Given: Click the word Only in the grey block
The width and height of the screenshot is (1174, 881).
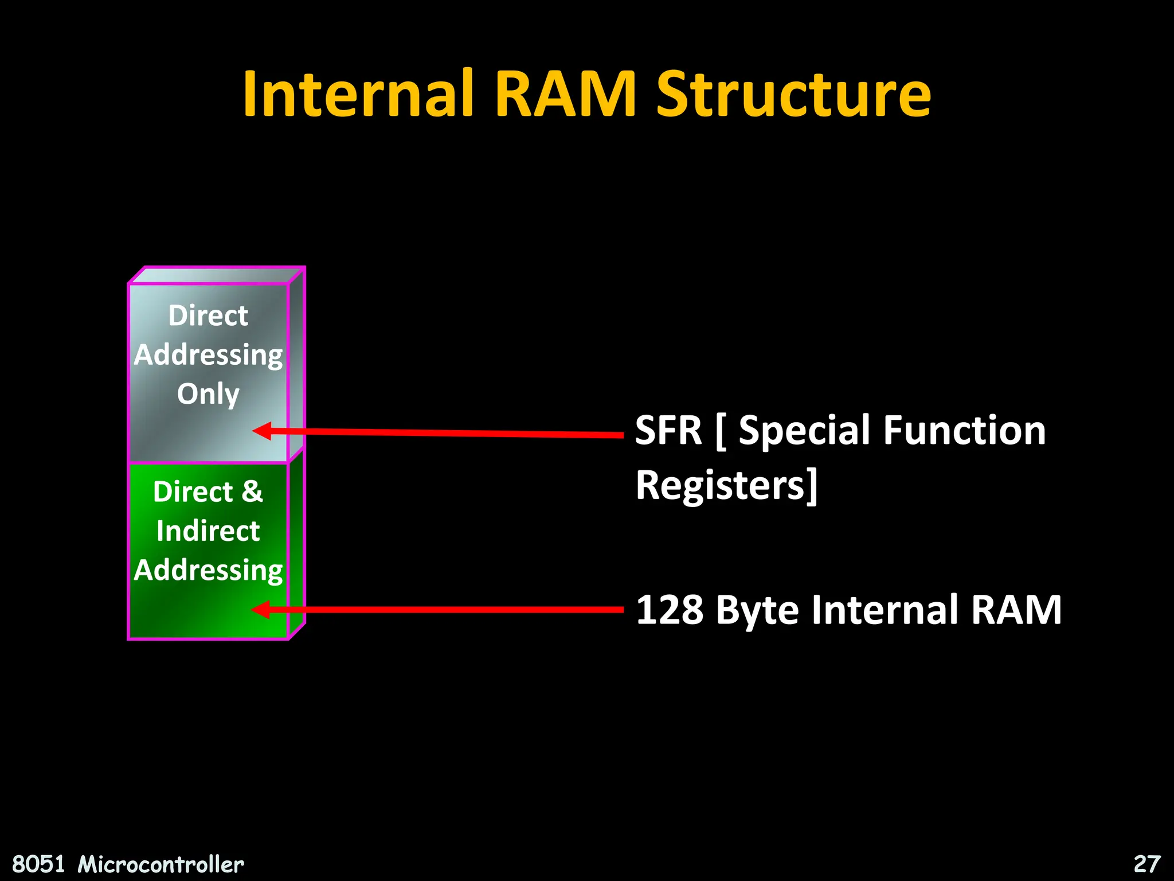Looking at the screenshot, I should coord(208,394).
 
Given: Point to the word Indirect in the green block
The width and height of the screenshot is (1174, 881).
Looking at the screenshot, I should coord(208,531).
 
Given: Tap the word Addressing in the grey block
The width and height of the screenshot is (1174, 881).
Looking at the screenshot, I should coord(208,355).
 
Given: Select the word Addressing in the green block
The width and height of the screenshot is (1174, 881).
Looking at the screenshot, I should coord(208,570).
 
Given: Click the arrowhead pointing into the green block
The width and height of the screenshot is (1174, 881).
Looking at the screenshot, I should coord(261,610).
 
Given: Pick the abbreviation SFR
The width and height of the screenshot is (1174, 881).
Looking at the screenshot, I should coord(668,430).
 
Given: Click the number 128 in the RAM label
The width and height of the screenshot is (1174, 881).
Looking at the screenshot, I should coord(670,610).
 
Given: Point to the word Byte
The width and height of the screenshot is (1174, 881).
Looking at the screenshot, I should coord(757,610).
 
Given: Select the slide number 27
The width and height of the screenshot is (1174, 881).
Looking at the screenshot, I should coord(1147,864).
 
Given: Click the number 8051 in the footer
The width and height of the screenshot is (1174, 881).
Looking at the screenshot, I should coord(38,864).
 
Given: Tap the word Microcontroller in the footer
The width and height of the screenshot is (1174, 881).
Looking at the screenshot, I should coord(161,864).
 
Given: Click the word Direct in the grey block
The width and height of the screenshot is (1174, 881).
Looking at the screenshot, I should coord(208,315).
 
